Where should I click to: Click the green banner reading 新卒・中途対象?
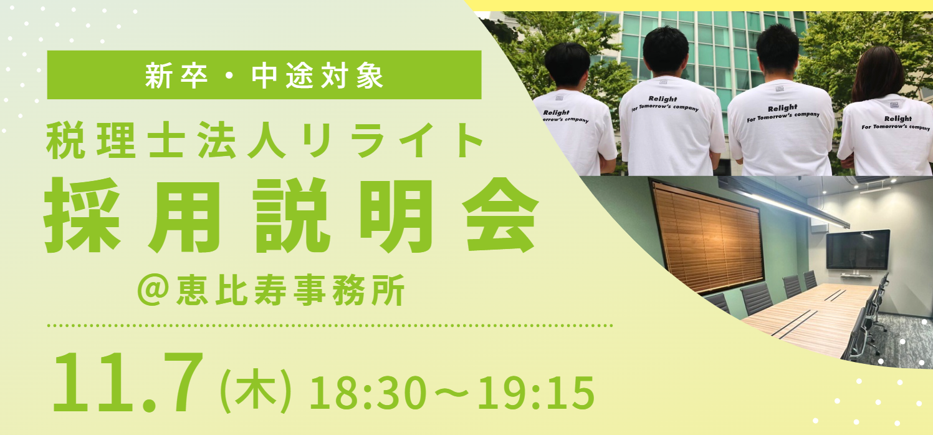264,75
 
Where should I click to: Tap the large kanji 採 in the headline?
82,215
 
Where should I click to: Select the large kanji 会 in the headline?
500,215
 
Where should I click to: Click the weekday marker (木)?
255,390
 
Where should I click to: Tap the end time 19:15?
536,393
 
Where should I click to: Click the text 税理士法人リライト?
264,140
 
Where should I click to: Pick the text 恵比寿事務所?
290,290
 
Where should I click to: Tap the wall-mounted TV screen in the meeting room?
858,250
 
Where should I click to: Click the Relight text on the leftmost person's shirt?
556,112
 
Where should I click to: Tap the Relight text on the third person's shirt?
783,109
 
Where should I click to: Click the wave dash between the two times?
452,393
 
